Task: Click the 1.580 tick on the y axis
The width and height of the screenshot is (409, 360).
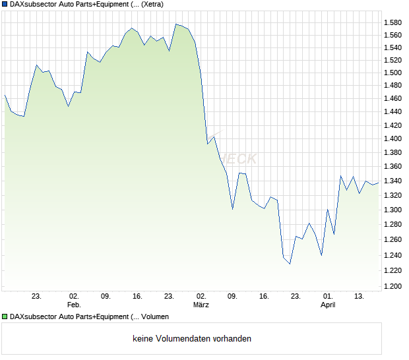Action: [393, 23]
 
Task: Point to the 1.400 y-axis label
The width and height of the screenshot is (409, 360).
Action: [393, 138]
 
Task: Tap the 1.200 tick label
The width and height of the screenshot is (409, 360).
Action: [393, 286]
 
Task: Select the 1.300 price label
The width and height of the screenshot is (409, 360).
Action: [393, 210]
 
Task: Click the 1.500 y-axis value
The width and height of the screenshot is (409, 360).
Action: [393, 73]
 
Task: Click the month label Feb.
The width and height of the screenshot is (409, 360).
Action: [74, 305]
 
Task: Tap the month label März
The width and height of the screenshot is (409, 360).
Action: [201, 305]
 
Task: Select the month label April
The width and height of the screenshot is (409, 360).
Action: [328, 305]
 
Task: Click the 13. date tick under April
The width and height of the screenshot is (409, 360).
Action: [360, 297]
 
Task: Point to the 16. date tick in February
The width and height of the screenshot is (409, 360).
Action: [137, 297]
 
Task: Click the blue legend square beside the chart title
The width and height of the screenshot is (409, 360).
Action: [5, 5]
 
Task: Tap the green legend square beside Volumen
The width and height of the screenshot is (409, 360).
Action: [5, 317]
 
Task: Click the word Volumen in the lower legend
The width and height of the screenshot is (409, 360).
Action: [161, 317]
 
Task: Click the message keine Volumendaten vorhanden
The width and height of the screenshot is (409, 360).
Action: [192, 339]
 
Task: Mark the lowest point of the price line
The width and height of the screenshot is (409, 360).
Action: [290, 264]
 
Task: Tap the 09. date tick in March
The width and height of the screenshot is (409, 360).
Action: [232, 297]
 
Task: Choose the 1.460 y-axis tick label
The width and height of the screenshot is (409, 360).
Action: [393, 98]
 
